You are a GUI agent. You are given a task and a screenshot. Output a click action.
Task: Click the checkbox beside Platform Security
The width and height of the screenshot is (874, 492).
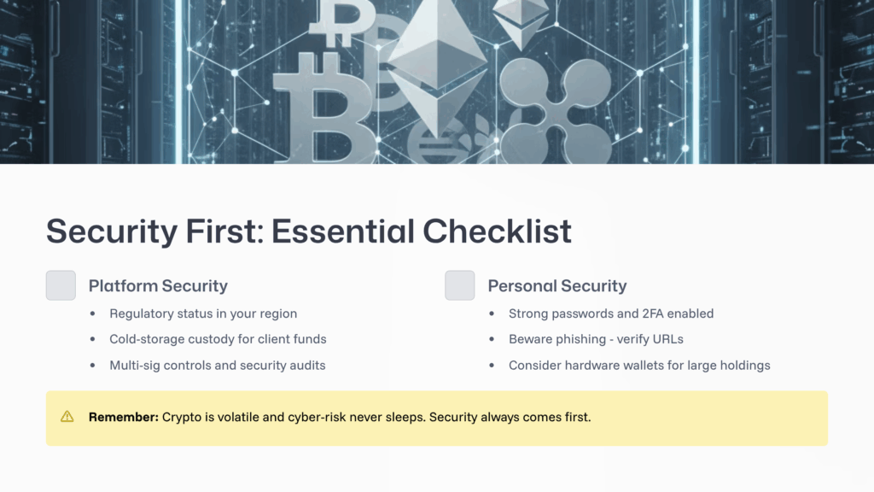coord(61,285)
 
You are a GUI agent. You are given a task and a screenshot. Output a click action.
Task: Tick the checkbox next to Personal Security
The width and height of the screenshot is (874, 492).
coord(460,285)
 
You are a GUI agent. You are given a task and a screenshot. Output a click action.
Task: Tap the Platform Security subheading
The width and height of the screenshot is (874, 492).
coord(158,285)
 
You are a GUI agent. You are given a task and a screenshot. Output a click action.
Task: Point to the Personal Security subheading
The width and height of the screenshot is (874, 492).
coord(557,285)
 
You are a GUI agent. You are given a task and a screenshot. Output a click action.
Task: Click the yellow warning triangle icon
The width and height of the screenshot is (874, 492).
coord(67,417)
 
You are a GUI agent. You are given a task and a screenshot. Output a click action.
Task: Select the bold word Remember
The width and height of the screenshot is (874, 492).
coord(123,418)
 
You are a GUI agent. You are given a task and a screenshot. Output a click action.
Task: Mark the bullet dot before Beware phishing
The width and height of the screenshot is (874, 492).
coord(492,339)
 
